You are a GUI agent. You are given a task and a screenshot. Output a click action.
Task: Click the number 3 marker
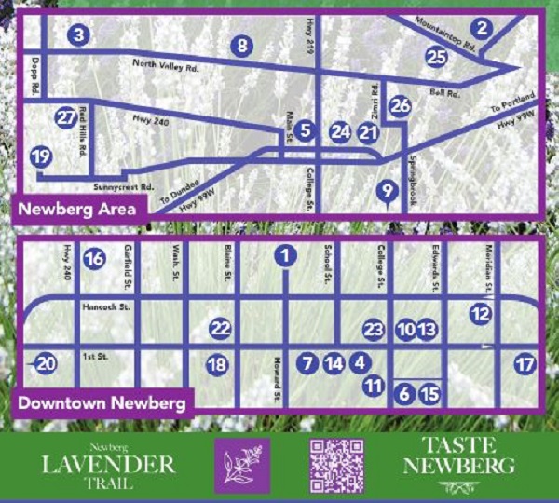click(78, 35)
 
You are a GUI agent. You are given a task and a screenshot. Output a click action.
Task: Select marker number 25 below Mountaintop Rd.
click(436, 57)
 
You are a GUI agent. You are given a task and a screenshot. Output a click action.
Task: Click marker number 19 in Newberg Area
click(40, 156)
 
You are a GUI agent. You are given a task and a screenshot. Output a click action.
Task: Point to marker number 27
click(64, 118)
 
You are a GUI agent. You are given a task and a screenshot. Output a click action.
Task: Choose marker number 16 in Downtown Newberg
click(93, 259)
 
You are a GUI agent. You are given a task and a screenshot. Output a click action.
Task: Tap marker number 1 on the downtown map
click(287, 253)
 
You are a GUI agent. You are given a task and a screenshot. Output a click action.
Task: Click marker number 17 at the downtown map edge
click(525, 364)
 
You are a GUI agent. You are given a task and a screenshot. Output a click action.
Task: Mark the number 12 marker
click(480, 315)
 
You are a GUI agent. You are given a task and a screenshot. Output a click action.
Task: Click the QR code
click(335, 465)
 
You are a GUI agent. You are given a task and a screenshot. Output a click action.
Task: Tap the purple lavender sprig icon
click(241, 465)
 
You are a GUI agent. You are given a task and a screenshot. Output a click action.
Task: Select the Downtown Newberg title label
click(102, 403)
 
